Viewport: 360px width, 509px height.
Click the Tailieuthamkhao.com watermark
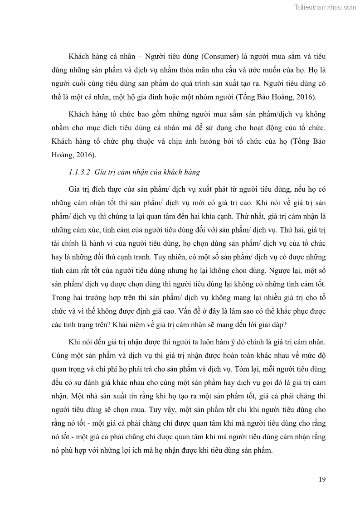325,7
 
